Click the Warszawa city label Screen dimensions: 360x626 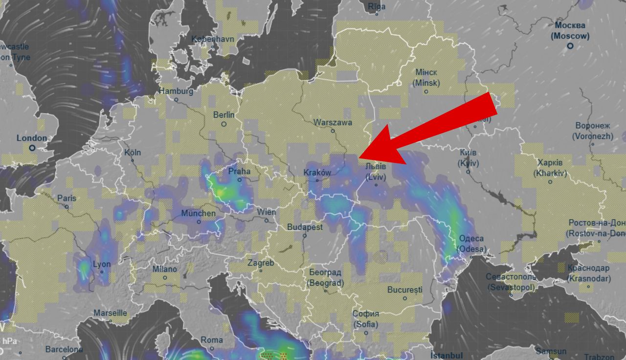pyautogui.click(x=333, y=122)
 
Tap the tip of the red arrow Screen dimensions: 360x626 pyautogui.click(x=359, y=157)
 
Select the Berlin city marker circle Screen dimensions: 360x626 pyautogui.click(x=224, y=124)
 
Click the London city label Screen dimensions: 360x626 pyautogui.click(x=32, y=138)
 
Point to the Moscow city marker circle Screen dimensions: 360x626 pyautogui.click(x=570, y=46)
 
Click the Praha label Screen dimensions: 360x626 pyautogui.click(x=239, y=171)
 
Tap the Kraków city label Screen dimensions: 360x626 pyautogui.click(x=317, y=173)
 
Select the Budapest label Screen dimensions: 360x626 pyautogui.click(x=305, y=227)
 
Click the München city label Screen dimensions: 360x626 pyautogui.click(x=198, y=213)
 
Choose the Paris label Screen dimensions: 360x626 pyautogui.click(x=67, y=198)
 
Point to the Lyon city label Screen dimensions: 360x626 pyautogui.click(x=102, y=264)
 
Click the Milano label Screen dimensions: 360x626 pyautogui.click(x=164, y=269)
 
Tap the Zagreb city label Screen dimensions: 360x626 pyautogui.click(x=261, y=263)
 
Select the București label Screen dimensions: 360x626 pyautogui.click(x=404, y=290)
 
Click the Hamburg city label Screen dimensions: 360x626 pyautogui.click(x=176, y=91)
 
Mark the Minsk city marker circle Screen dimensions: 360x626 pyautogui.click(x=426, y=91)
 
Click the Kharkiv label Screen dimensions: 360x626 pyautogui.click(x=550, y=168)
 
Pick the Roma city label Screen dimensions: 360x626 pyautogui.click(x=212, y=339)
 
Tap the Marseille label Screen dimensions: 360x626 pyautogui.click(x=110, y=313)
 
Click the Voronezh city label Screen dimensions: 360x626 pyautogui.click(x=593, y=131)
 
